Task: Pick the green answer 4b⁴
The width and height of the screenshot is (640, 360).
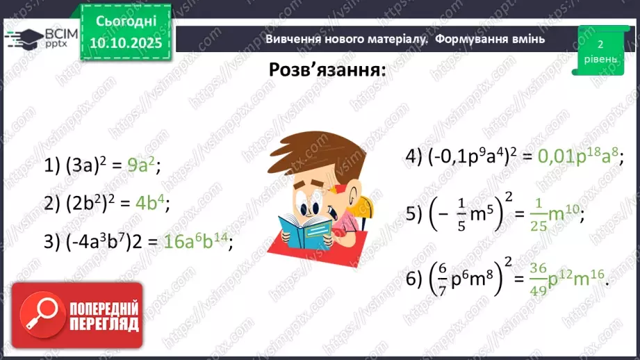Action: point(150,203)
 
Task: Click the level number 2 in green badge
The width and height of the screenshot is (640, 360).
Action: point(599,44)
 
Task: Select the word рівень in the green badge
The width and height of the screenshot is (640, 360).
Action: point(599,59)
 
